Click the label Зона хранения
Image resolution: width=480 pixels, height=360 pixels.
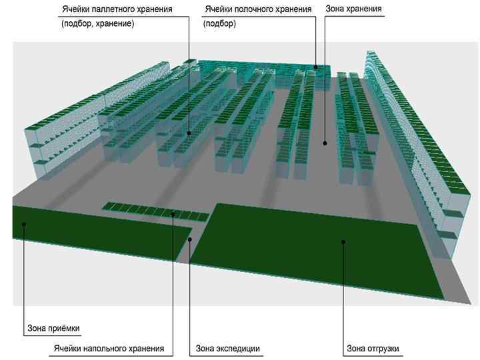click(353, 10)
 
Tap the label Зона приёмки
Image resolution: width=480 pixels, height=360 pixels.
click(58, 329)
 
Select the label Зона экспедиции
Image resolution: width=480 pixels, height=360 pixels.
click(228, 349)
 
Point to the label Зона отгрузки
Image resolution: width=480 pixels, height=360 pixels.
click(375, 349)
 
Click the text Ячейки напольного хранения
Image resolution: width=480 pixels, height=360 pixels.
click(109, 349)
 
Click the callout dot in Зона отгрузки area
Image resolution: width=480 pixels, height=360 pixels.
click(343, 242)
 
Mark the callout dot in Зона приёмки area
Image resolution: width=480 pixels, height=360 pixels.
click(23, 224)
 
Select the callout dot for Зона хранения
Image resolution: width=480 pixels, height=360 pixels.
click(325, 142)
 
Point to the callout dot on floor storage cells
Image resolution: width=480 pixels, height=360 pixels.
click(173, 213)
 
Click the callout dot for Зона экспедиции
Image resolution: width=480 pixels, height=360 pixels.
click(191, 238)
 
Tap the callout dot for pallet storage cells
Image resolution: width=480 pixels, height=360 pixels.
click(189, 133)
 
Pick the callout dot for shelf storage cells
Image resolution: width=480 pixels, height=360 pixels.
click(316, 67)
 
